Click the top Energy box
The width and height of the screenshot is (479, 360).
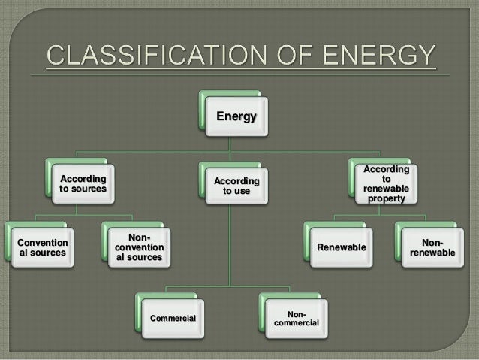236,116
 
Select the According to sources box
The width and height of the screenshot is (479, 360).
83,184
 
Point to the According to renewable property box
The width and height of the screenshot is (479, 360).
386,184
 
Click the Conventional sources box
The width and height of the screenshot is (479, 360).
42,247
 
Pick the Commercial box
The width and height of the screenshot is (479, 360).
173,319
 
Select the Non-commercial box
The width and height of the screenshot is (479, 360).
297,318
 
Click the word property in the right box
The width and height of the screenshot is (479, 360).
386,200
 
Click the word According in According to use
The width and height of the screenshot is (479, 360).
236,181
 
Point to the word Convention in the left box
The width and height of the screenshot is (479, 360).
42,243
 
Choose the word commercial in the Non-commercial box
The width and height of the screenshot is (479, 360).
297,323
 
